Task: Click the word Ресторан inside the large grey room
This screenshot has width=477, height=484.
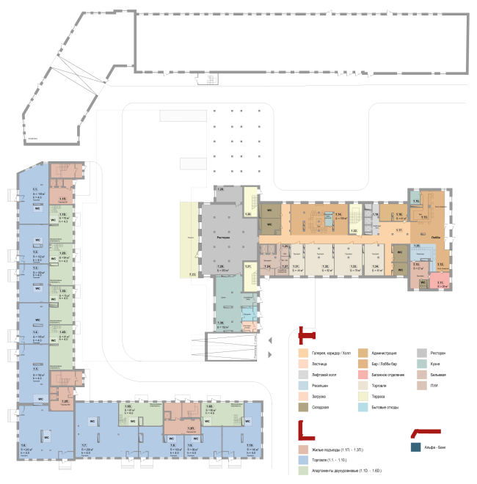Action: click(224, 238)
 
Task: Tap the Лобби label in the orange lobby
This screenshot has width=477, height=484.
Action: click(436, 238)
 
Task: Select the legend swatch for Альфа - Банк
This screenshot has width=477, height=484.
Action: click(416, 446)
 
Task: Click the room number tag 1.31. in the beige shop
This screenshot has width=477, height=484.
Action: click(295, 265)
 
